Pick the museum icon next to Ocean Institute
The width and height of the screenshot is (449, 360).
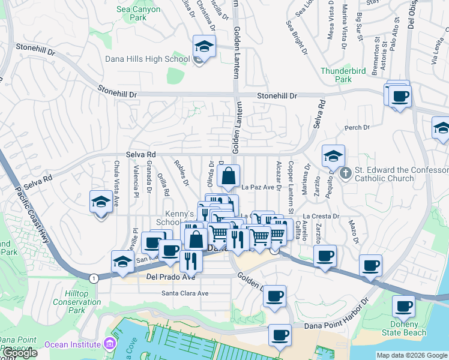pos(109,344)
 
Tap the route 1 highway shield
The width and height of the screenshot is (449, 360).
pos(94,278)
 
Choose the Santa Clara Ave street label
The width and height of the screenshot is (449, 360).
pos(185,293)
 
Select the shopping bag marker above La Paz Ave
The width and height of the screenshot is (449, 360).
pos(229,176)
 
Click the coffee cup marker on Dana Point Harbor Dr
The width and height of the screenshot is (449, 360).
pos(279,335)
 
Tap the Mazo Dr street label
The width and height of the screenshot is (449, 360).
pos(352,231)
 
